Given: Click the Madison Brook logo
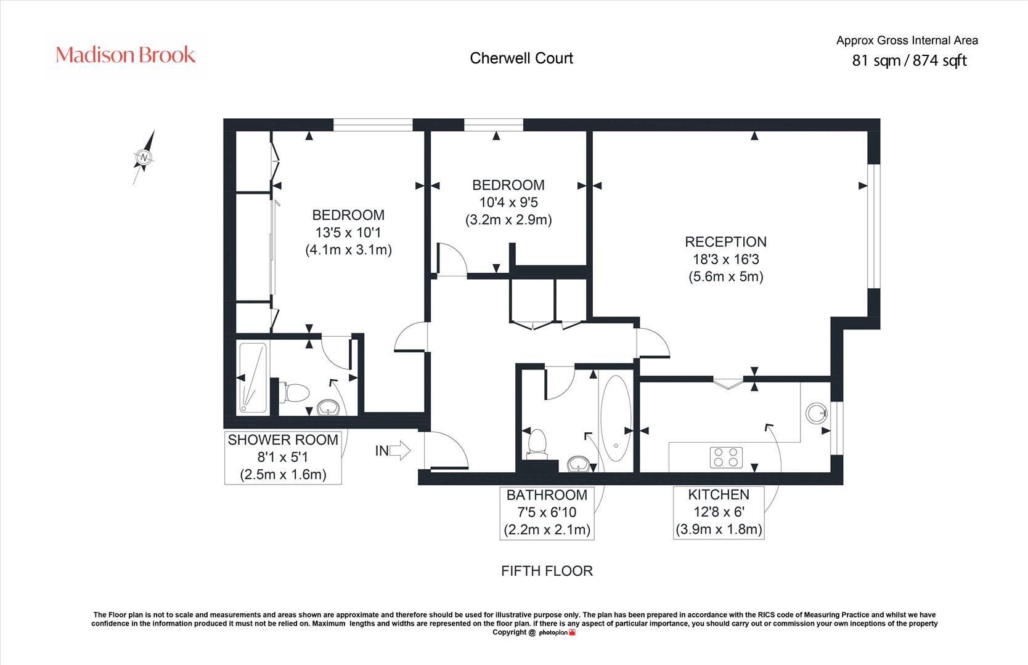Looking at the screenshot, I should [126, 55].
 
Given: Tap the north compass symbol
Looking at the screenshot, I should [144, 158].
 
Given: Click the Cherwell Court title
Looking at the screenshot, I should [521, 58].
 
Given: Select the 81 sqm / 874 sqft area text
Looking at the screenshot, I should [909, 60].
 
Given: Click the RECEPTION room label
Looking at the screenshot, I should [725, 242].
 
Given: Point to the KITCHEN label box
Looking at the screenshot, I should [719, 512].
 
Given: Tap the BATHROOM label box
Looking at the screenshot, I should [547, 512].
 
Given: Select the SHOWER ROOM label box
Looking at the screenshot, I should [283, 457].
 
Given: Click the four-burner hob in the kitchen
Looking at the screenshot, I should [727, 457].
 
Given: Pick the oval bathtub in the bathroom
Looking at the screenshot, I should [616, 419].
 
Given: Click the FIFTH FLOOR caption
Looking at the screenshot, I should [547, 571].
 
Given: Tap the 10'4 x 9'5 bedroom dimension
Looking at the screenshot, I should [508, 202].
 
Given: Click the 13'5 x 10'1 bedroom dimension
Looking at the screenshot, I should [348, 233].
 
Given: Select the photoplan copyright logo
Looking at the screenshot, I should [557, 632].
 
